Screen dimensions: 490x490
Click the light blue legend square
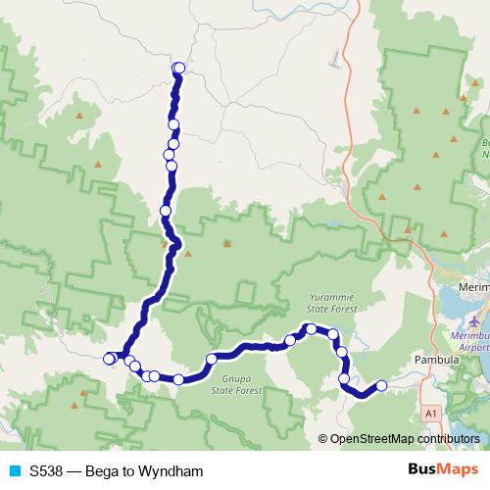coord(16,471)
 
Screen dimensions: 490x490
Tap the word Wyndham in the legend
coord(173,471)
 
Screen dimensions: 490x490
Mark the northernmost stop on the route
coord(178,68)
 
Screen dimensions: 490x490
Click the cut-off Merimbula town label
coord(474,287)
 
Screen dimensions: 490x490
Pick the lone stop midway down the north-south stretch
coord(166,211)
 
